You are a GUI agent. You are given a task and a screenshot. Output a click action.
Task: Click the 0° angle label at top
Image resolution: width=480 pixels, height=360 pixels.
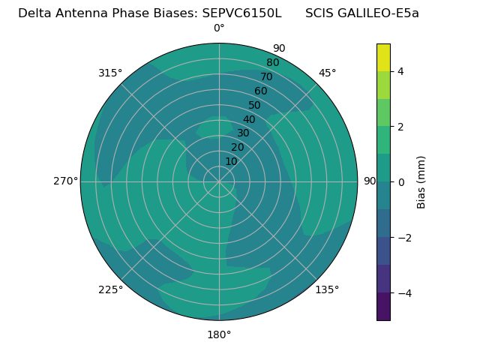pos(219,28)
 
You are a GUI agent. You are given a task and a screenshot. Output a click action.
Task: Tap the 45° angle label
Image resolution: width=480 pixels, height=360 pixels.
pos(328,73)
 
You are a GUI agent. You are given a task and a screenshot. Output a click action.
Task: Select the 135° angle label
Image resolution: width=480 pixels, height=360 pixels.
pos(327,289)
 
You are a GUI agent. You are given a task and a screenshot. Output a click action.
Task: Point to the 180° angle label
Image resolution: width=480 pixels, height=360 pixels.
pos(219,334)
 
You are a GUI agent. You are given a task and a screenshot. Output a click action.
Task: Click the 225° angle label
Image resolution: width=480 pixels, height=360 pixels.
pos(110,289)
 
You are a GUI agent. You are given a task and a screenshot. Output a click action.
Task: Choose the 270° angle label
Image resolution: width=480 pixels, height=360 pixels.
pos(65,181)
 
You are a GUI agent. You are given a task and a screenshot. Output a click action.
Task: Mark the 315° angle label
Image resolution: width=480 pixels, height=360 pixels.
pos(110,73)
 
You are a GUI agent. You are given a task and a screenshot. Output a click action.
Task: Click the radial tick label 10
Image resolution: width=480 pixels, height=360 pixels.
pos(231,161)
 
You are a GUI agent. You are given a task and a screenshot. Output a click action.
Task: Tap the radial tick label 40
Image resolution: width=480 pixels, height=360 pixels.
pos(249,120)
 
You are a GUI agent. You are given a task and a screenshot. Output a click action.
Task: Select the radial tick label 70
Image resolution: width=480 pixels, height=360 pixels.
pos(266,77)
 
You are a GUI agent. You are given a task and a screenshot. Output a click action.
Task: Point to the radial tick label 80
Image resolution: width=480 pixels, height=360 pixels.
pos(272,63)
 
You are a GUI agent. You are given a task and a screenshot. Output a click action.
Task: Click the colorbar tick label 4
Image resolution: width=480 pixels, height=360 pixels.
pos(401,71)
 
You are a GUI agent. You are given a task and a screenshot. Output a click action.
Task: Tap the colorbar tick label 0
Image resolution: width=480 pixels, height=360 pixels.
pos(401,182)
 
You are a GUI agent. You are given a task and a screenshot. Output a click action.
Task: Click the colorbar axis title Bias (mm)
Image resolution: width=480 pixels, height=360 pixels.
pos(421,182)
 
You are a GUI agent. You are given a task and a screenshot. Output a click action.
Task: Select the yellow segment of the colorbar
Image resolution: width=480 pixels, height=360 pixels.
pos(383,57)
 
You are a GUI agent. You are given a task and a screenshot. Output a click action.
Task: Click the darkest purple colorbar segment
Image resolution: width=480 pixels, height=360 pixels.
pos(383,307)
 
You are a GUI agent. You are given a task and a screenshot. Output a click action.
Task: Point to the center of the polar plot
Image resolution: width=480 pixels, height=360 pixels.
pos(219,181)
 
